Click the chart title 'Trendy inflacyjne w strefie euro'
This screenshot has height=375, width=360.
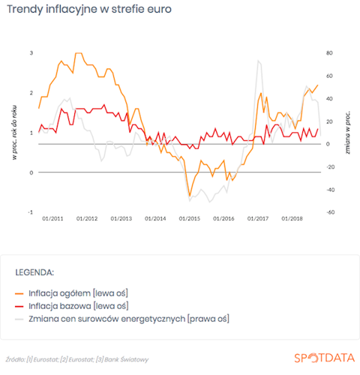(89, 10)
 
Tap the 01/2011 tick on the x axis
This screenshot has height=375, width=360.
(52, 219)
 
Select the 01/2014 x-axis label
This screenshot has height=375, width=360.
(155, 219)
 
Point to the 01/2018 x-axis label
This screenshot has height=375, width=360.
(292, 219)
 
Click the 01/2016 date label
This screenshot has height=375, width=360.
(223, 219)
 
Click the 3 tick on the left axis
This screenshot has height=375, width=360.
(31, 53)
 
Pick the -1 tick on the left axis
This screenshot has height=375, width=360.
(31, 212)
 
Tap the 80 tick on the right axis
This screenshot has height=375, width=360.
(329, 53)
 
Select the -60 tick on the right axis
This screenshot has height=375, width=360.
(330, 212)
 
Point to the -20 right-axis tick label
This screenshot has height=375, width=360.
(330, 167)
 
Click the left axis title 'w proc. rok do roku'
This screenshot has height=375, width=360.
(15, 133)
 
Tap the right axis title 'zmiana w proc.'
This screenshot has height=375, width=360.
(348, 133)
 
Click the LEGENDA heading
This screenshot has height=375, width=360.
(34, 272)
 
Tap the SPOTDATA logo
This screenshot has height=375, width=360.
(325, 358)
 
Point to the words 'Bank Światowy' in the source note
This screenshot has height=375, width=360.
(127, 360)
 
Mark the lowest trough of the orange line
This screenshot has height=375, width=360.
(190, 196)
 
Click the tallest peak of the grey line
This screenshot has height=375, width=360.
(258, 61)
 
